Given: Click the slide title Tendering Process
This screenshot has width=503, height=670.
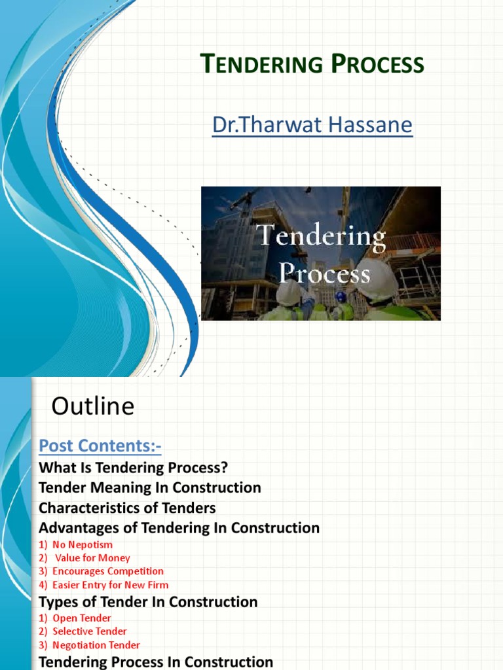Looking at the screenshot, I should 311,65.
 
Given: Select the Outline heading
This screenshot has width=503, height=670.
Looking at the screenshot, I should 93,407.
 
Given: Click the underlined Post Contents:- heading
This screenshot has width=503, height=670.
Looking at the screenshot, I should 100,446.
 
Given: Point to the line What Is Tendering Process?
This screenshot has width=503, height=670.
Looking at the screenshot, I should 133,468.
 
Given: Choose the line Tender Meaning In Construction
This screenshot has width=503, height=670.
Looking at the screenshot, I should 150,487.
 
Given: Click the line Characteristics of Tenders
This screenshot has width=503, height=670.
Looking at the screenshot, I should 127,508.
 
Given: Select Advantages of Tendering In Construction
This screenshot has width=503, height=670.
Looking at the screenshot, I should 179,527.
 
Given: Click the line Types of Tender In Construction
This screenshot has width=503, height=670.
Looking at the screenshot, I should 148,601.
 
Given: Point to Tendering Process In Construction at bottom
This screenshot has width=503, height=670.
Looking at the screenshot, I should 156,661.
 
